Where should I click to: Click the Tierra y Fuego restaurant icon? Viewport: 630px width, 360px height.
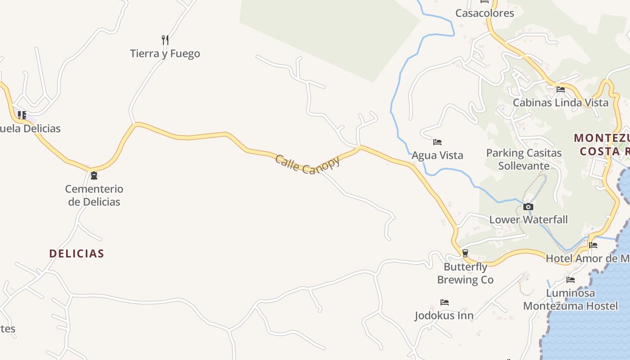point(165,40)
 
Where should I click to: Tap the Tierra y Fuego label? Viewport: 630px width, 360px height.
point(165,54)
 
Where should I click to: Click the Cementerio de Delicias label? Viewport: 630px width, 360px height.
point(94,195)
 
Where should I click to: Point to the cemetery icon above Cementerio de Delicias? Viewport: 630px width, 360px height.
point(94,175)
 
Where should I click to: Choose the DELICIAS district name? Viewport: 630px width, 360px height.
point(76,253)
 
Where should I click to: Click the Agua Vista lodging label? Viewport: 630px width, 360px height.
point(437,155)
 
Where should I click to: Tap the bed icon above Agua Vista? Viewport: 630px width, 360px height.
point(437,142)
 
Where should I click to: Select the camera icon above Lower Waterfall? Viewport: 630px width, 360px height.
point(528,207)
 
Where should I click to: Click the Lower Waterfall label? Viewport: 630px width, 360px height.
point(528,220)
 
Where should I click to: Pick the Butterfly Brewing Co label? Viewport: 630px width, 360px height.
point(465,273)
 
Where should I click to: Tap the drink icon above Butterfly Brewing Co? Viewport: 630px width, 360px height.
point(465,253)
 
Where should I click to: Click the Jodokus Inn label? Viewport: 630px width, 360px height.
point(444,315)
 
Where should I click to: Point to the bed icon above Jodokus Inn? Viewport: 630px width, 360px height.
point(445,302)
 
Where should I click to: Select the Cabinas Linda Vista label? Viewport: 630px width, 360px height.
point(561,103)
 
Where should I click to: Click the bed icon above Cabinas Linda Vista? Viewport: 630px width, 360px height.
point(561,90)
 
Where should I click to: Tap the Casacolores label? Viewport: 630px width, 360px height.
point(485,13)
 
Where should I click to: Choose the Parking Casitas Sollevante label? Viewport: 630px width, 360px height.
point(524,159)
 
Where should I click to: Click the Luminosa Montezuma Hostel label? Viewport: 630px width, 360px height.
point(571,300)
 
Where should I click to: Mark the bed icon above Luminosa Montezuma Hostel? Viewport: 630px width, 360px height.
point(571,280)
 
